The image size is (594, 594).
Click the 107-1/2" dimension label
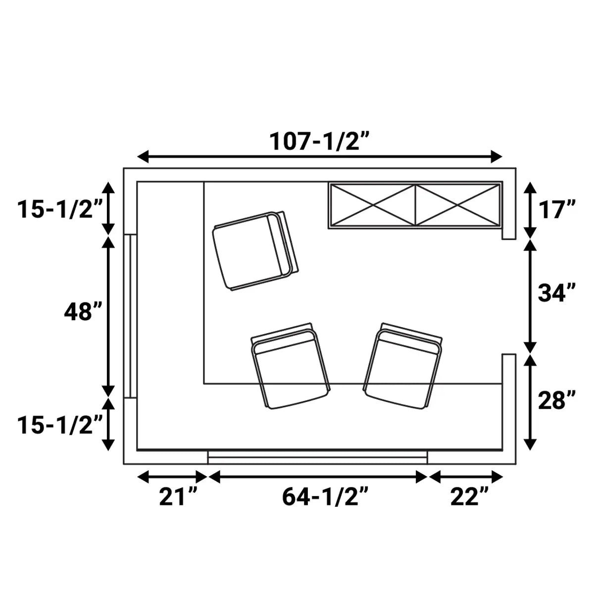(x=319, y=141)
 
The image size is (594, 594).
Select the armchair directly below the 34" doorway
(x=403, y=366)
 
